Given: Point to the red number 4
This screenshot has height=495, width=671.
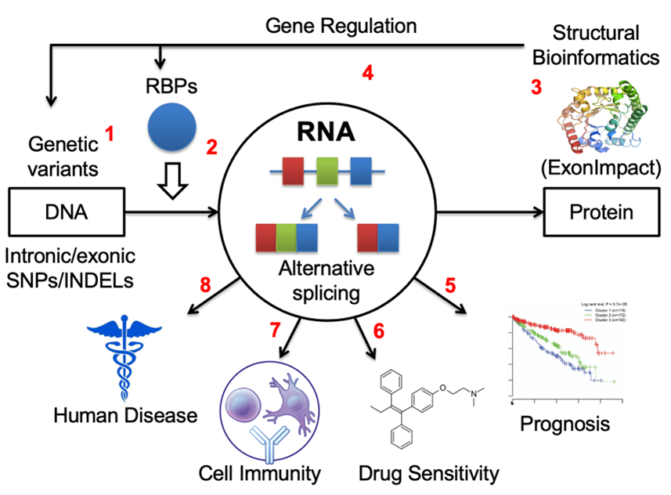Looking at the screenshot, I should pyautogui.click(x=367, y=74).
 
